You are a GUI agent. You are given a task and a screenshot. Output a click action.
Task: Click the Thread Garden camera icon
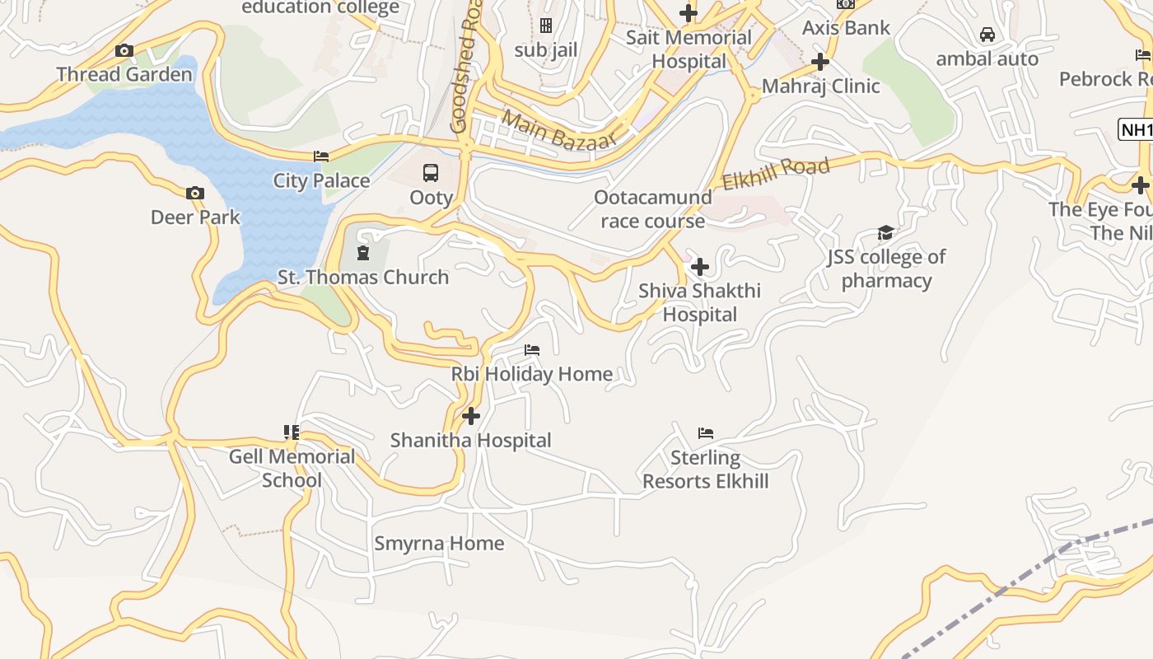124,51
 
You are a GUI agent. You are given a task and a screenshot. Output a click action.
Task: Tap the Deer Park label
195,217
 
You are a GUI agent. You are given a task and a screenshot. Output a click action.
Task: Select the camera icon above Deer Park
195,194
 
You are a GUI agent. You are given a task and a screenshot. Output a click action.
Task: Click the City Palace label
321,180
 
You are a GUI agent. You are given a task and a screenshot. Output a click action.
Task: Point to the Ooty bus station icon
431,173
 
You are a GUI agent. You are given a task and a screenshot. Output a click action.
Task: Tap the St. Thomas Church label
363,277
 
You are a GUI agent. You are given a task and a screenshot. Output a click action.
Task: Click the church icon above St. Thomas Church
362,252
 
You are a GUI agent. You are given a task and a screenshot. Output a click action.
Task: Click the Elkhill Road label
776,175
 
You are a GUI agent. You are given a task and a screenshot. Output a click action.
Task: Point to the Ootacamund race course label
653,209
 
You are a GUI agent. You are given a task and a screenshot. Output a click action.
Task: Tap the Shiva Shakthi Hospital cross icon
699,267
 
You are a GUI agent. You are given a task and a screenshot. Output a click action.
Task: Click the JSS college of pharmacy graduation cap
885,233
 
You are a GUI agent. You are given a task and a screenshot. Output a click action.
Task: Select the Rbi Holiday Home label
532,374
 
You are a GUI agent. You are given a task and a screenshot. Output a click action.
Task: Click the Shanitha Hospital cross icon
471,416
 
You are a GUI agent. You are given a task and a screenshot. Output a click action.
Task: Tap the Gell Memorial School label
292,468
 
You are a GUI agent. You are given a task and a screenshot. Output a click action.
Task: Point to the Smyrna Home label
439,544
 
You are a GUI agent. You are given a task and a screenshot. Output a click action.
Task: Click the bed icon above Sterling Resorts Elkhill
706,433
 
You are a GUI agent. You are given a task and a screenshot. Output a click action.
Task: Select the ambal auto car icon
987,35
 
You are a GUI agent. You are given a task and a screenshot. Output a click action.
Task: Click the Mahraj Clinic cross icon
819,62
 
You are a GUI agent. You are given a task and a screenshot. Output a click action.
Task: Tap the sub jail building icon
545,26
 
